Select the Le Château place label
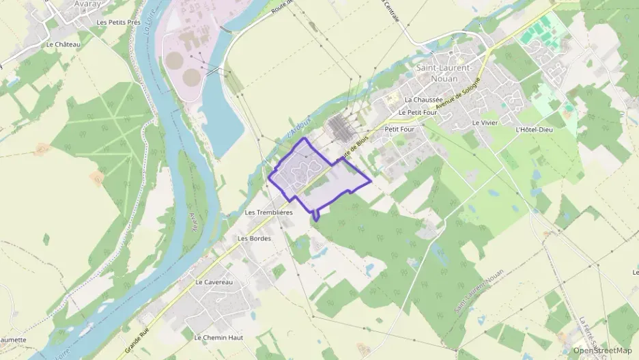[63, 44]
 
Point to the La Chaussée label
[423, 99]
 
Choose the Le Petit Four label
[417, 112]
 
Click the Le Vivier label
[485, 122]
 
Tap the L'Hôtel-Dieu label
[535, 129]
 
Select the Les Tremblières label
[268, 212]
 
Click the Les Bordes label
[254, 238]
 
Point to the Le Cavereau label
[214, 282]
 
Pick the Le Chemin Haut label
[218, 337]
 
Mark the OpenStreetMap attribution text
[602, 351]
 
